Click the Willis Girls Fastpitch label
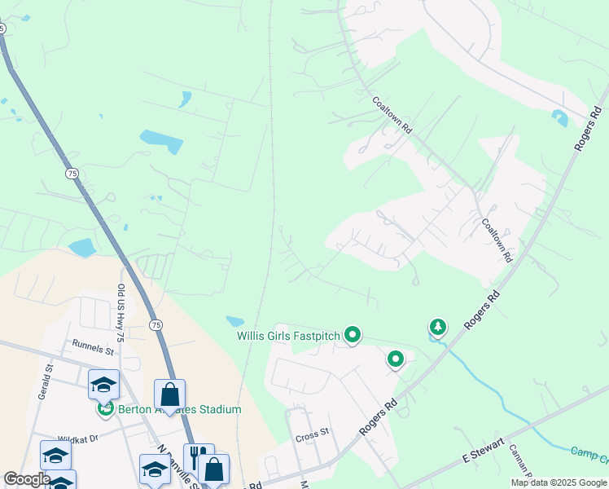tap(288, 335)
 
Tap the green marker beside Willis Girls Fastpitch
tap(353, 334)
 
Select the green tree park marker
tap(438, 328)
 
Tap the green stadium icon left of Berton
tap(104, 408)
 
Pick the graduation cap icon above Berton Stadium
tap(104, 384)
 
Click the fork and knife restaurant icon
tap(198, 457)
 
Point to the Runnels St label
tap(93, 350)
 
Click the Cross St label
tap(312, 433)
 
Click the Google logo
tap(27, 479)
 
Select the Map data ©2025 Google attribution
tap(558, 482)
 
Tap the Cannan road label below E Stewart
tap(518, 462)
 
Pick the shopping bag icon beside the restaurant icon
tap(214, 469)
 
